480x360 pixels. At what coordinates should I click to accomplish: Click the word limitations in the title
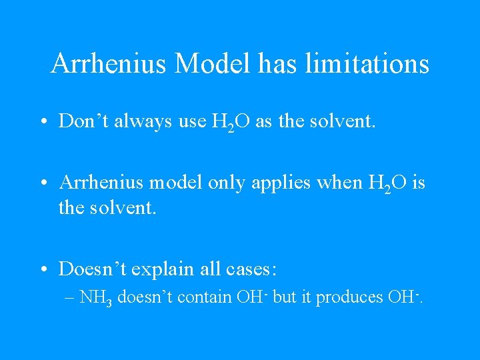tap(367, 64)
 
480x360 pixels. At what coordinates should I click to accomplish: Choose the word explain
tap(162, 270)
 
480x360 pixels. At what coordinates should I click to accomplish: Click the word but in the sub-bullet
tap(285, 297)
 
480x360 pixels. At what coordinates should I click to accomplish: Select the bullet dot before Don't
tap(43, 121)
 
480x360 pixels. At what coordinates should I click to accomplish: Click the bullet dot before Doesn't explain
tap(43, 270)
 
